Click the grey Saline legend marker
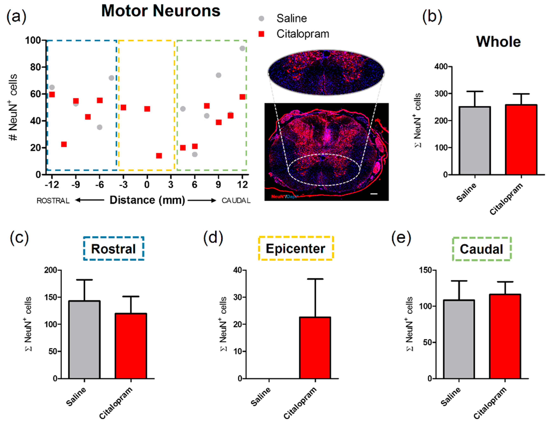click(261, 18)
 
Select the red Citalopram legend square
click(261, 34)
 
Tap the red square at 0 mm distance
click(147, 109)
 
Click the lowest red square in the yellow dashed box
click(159, 156)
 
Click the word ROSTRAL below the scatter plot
click(53, 201)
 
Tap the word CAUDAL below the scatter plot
click(236, 201)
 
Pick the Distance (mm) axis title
click(147, 200)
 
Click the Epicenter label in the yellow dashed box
click(296, 249)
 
